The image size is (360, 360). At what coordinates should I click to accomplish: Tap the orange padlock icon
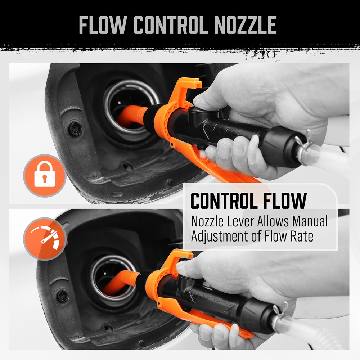44,175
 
